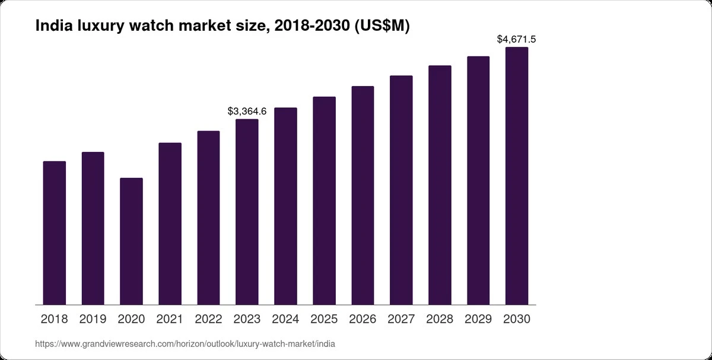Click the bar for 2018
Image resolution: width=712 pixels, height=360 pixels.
tap(55, 233)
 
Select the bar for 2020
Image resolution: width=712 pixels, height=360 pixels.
tap(131, 241)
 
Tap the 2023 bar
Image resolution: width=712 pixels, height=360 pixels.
tap(247, 212)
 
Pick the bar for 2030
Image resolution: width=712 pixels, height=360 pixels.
tap(517, 176)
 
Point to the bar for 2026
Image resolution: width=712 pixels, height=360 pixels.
tap(363, 195)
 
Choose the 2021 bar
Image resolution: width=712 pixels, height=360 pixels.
tap(170, 224)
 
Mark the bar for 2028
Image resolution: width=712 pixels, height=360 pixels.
tap(440, 185)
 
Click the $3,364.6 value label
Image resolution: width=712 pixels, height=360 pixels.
tap(247, 111)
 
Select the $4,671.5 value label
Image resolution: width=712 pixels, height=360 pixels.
tap(517, 39)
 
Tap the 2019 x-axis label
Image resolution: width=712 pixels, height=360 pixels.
tap(93, 319)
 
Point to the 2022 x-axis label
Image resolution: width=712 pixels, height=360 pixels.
tap(208, 319)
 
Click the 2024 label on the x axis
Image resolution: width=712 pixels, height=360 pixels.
tap(285, 319)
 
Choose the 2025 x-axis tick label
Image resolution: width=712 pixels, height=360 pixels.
tap(324, 319)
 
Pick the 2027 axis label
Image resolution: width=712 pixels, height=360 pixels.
tap(401, 319)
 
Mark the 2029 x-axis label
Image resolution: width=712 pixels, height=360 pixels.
tap(478, 319)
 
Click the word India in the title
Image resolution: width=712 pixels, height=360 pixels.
tap(54, 25)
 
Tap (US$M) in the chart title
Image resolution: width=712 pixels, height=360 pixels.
tap(382, 26)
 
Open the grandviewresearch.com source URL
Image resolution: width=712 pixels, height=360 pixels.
tap(185, 344)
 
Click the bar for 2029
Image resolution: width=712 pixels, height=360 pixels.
tap(478, 180)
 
